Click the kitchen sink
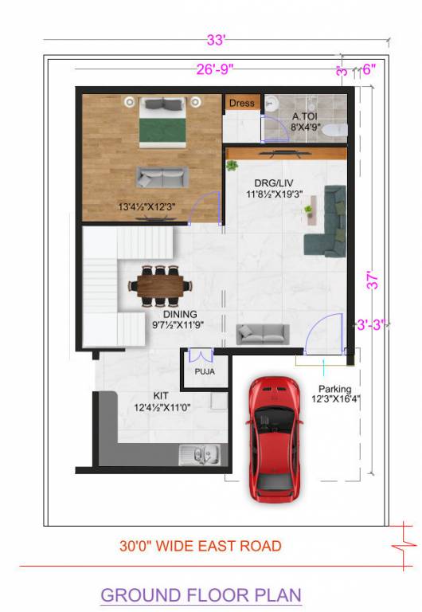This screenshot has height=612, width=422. (197, 456)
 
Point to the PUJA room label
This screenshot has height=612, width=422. (205, 371)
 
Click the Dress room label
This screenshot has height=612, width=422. (242, 103)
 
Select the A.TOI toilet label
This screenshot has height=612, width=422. (306, 116)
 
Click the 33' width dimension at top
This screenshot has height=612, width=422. (217, 40)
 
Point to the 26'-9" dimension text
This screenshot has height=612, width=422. (215, 69)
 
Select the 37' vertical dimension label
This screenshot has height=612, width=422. (373, 280)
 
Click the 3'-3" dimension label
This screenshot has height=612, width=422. (371, 324)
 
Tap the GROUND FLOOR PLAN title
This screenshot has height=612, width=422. (201, 594)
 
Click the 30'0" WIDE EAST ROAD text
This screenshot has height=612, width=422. (201, 546)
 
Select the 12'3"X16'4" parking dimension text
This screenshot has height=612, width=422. (335, 399)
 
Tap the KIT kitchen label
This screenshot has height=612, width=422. (161, 395)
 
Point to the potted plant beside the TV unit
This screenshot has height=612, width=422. (232, 166)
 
